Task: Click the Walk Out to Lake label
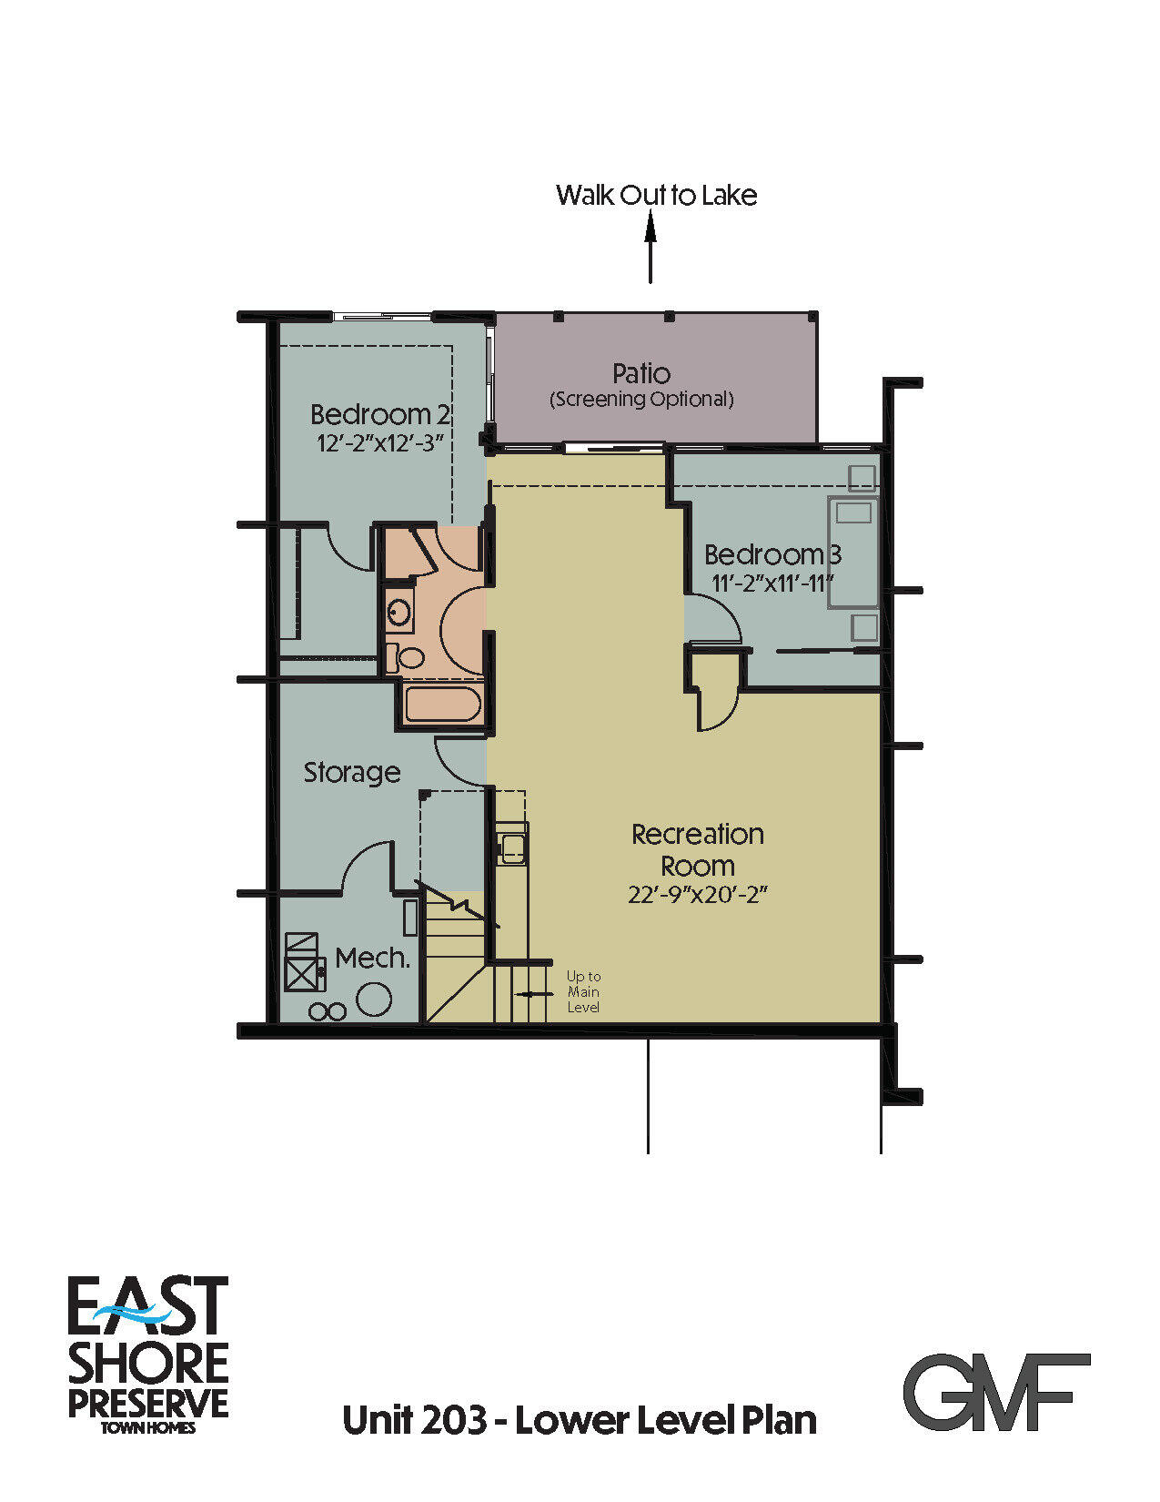tap(656, 195)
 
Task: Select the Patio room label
tap(641, 373)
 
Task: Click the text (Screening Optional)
tap(641, 399)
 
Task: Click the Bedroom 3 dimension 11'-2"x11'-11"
tap(772, 584)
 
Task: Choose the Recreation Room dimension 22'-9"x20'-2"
tap(698, 895)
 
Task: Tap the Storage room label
tap(351, 772)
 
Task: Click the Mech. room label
tap(372, 958)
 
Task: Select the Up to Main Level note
tap(583, 991)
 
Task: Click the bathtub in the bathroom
tap(443, 705)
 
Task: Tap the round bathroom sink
tap(398, 612)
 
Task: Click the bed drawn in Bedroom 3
tap(852, 552)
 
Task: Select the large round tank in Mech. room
tap(373, 999)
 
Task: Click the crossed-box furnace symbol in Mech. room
tap(302, 963)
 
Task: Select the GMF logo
tap(996, 1392)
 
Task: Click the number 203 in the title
tap(453, 1420)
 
